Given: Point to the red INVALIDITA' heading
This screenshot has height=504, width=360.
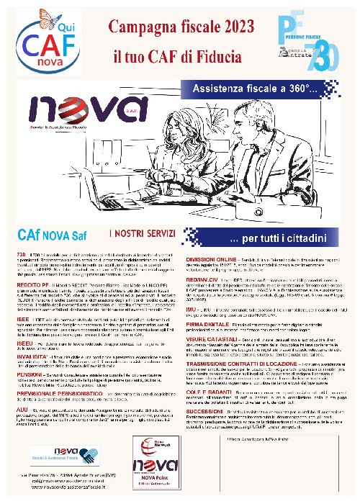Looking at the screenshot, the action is [30, 336].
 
